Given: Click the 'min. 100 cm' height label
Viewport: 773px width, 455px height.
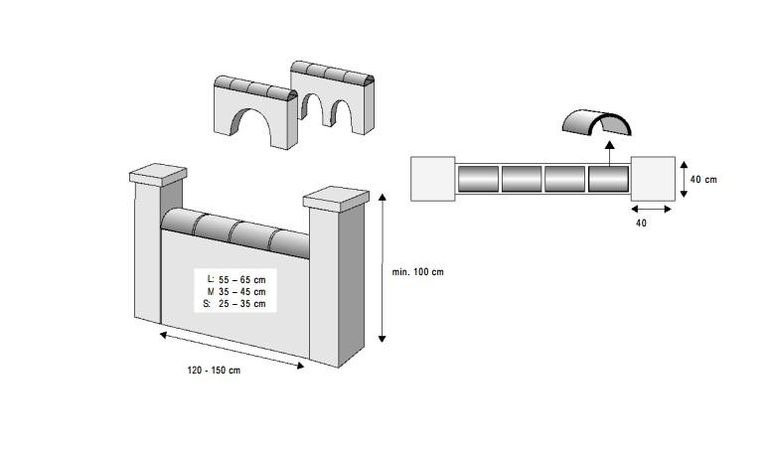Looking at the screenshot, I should (x=417, y=272).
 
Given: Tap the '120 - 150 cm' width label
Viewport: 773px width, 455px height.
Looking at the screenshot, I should (x=214, y=370).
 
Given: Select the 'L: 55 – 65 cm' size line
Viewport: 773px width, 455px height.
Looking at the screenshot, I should (x=235, y=280).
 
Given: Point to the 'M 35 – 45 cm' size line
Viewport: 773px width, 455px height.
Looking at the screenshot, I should (x=235, y=292).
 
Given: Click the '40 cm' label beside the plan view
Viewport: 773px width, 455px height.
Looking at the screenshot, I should (x=703, y=180).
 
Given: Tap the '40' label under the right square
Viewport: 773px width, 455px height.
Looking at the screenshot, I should (x=641, y=224).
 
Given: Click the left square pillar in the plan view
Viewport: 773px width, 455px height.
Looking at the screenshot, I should (x=433, y=179).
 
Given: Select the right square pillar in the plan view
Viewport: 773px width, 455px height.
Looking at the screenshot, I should (x=653, y=179).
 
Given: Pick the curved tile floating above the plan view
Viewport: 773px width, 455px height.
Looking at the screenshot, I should (x=596, y=122).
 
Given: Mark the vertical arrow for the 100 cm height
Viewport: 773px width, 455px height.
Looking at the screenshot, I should (x=383, y=268).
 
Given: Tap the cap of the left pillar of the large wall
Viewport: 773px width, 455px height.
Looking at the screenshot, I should (x=158, y=176).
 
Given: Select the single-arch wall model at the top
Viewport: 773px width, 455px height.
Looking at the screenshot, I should (x=256, y=110).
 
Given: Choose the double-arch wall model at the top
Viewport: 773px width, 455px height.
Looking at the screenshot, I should (x=333, y=97).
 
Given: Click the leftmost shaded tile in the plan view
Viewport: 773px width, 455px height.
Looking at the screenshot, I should (x=478, y=180).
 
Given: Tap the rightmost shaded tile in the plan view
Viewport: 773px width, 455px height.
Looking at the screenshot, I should (x=608, y=180).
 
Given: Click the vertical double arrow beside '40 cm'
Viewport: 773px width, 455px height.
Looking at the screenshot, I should (x=683, y=179).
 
